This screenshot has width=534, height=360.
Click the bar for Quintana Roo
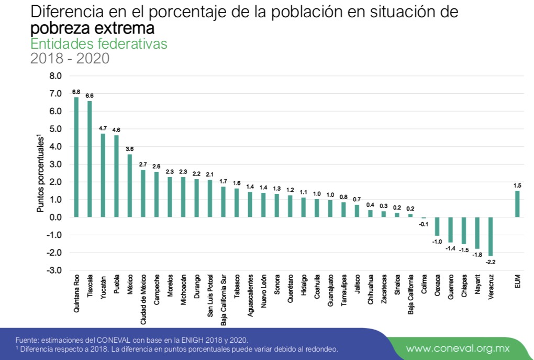tap(76, 157)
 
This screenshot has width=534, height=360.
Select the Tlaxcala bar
tap(90, 159)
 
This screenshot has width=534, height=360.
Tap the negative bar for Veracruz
tap(491, 236)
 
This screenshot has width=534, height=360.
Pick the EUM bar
tap(517, 204)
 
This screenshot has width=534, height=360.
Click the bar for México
tap(130, 186)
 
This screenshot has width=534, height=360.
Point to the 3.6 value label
tap(130, 149)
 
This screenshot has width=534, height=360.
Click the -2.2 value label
tap(491, 262)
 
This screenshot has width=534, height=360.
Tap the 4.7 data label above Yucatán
tap(103, 128)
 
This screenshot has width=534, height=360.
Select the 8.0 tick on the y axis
tap(55, 75)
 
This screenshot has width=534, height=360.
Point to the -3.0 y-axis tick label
tap(54, 270)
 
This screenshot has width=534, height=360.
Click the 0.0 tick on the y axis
tap(55, 217)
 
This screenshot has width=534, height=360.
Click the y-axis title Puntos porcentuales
tap(40, 173)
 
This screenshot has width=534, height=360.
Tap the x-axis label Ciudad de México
tap(143, 300)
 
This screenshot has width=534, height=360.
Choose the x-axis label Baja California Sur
tap(224, 300)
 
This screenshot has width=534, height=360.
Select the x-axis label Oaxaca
tap(438, 286)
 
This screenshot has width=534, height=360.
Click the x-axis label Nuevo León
tap(263, 291)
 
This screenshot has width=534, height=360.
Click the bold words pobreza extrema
tap(92, 28)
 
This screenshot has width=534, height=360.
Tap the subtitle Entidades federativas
tap(99, 43)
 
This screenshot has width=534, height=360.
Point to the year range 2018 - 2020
tap(70, 58)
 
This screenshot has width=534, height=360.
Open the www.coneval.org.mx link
tap(458, 348)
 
